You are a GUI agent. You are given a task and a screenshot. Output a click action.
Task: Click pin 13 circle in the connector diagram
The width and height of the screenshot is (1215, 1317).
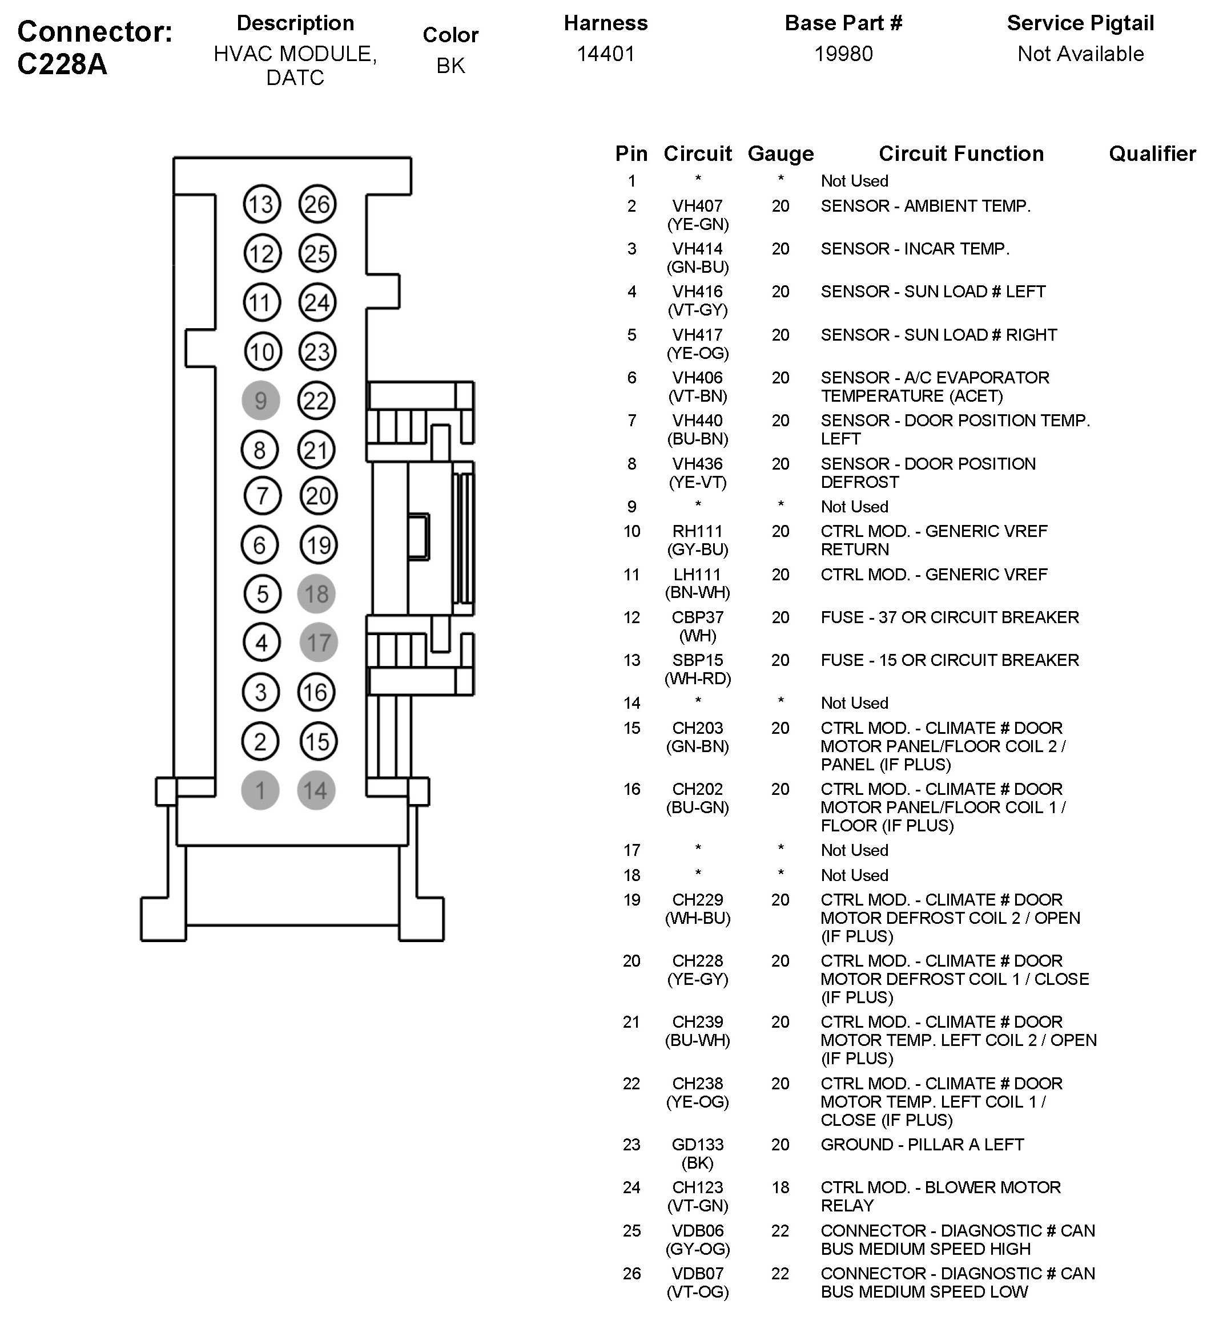(261, 204)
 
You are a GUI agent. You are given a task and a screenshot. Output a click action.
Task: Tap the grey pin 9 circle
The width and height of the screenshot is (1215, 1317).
(260, 400)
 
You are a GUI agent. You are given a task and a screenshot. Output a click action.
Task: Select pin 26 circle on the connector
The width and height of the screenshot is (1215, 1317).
(317, 204)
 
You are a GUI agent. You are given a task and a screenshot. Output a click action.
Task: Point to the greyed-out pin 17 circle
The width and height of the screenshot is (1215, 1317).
(318, 642)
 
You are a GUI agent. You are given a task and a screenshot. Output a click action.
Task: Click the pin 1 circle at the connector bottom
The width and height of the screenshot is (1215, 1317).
(260, 790)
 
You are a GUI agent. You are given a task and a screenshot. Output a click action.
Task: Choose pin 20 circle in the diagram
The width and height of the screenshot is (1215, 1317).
(318, 495)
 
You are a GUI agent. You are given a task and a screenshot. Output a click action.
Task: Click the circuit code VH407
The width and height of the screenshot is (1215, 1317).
(697, 207)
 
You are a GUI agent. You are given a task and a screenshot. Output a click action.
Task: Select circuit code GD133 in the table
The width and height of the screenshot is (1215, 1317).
(697, 1144)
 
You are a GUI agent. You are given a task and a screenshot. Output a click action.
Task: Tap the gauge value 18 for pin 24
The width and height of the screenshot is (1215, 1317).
(781, 1187)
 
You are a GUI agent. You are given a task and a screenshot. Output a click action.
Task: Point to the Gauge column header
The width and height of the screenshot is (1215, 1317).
(781, 153)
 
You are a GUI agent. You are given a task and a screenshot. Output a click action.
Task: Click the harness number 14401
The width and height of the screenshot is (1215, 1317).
(606, 54)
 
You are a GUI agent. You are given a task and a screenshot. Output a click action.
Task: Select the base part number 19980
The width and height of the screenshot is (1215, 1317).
(843, 54)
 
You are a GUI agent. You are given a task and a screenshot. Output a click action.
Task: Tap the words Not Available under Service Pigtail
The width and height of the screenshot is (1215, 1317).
(1080, 54)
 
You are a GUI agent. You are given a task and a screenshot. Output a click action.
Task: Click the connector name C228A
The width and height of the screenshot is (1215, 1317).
(62, 64)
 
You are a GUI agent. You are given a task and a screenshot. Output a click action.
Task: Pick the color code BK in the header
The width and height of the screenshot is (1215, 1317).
(450, 66)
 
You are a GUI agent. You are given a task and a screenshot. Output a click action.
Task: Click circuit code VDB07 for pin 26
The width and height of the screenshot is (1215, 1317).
(697, 1273)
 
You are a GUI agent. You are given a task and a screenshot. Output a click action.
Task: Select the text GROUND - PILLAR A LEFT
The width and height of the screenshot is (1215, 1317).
(922, 1144)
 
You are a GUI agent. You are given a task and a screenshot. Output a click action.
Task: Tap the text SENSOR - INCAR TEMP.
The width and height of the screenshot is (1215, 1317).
(915, 249)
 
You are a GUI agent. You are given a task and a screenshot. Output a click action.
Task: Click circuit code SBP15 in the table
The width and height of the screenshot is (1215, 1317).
(697, 660)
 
